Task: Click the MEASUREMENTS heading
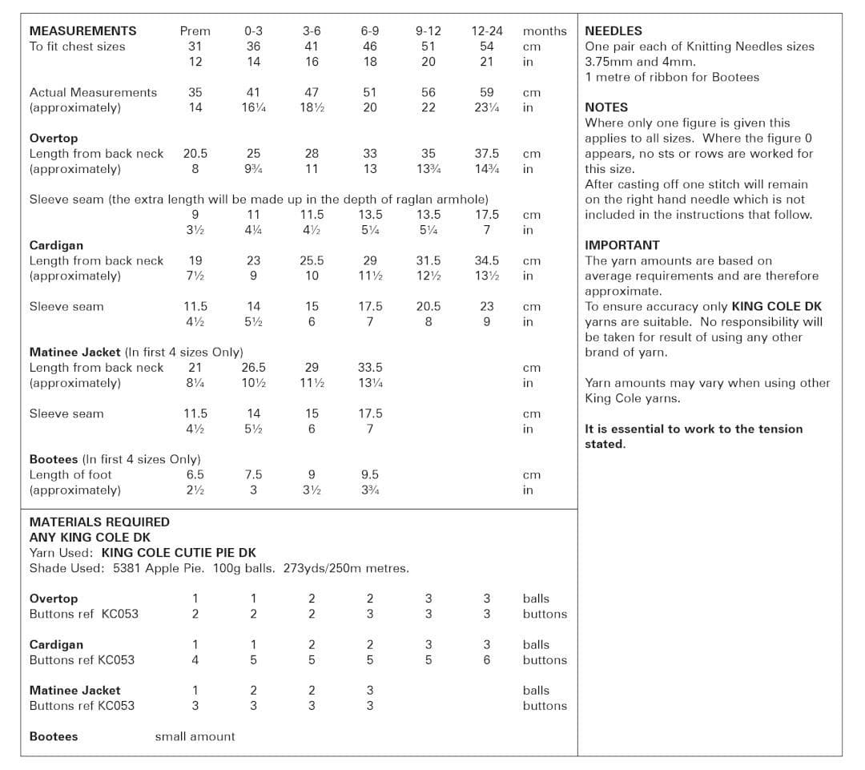(x=82, y=31)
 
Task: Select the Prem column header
(x=195, y=31)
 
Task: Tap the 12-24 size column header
(x=487, y=31)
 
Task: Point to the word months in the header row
(x=545, y=31)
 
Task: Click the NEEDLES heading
(x=614, y=31)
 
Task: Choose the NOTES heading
(x=606, y=107)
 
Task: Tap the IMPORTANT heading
(x=622, y=245)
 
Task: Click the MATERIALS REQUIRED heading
(x=99, y=522)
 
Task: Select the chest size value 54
(x=487, y=46)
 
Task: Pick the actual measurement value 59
(x=487, y=93)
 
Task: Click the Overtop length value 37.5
(x=487, y=154)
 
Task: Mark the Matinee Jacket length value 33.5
(x=370, y=368)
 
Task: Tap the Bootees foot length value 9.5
(x=370, y=475)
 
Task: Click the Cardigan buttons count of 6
(x=487, y=660)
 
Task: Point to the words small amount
(x=195, y=736)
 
